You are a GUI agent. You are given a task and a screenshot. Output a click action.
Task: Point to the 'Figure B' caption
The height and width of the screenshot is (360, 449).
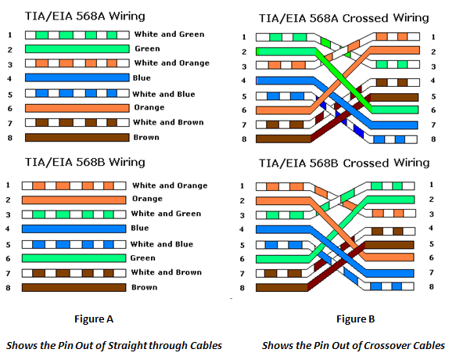pyautogui.click(x=355, y=319)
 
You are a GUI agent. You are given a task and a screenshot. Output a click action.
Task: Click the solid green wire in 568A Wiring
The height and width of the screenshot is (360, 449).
pyautogui.click(x=76, y=49)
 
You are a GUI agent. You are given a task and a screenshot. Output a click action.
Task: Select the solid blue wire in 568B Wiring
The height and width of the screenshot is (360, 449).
pyautogui.click(x=75, y=229)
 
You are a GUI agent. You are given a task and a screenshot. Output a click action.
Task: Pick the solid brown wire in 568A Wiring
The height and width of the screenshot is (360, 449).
pyautogui.click(x=76, y=137)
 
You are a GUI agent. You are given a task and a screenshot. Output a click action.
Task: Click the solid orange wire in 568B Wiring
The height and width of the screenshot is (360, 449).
pyautogui.click(x=75, y=200)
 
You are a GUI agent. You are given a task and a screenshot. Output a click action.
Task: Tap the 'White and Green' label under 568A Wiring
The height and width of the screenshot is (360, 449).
pyautogui.click(x=169, y=34)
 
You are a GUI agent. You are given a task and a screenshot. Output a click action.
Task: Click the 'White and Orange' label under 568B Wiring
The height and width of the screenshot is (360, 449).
pyautogui.click(x=170, y=185)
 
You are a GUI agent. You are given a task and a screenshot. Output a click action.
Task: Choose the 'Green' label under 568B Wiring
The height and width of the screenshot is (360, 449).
pyautogui.click(x=142, y=257)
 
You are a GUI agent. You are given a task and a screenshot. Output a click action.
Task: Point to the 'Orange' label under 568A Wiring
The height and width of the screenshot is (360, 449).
pyautogui.click(x=149, y=107)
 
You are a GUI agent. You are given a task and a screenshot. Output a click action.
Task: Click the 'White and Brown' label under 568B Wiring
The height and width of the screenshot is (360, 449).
pyautogui.click(x=167, y=272)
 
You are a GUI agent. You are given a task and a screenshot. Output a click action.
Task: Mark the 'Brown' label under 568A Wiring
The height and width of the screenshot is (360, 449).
pyautogui.click(x=146, y=138)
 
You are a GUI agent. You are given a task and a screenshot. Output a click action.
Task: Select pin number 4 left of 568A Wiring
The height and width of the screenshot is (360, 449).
pyautogui.click(x=9, y=78)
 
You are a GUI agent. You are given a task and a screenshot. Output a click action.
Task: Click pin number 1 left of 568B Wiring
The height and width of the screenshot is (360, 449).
pyautogui.click(x=9, y=185)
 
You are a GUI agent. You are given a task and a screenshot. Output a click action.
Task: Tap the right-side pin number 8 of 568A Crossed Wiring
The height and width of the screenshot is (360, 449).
pyautogui.click(x=433, y=139)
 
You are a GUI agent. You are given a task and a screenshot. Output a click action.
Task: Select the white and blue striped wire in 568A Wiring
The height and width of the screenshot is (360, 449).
pyautogui.click(x=76, y=92)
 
